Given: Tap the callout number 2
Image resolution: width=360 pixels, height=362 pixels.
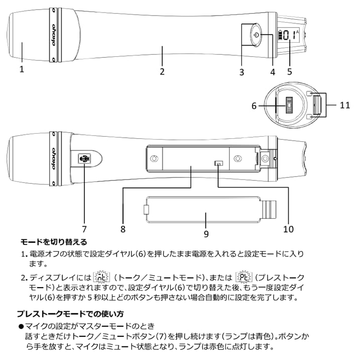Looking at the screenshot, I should [162, 71].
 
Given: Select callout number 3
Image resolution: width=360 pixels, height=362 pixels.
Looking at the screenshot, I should [242, 72].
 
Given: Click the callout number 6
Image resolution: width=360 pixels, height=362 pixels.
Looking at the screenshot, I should [255, 106].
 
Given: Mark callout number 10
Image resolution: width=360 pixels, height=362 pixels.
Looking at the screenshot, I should [288, 229].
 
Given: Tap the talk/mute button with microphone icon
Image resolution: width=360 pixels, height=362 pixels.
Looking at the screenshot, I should [84, 159].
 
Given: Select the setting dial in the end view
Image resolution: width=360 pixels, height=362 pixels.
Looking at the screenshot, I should [289, 106].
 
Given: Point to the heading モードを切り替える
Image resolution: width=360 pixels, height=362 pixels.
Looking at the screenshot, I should [53, 242].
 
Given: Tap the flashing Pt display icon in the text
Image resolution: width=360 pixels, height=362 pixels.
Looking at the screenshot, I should [242, 277].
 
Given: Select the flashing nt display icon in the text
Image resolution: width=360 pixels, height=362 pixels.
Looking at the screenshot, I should [102, 277].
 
